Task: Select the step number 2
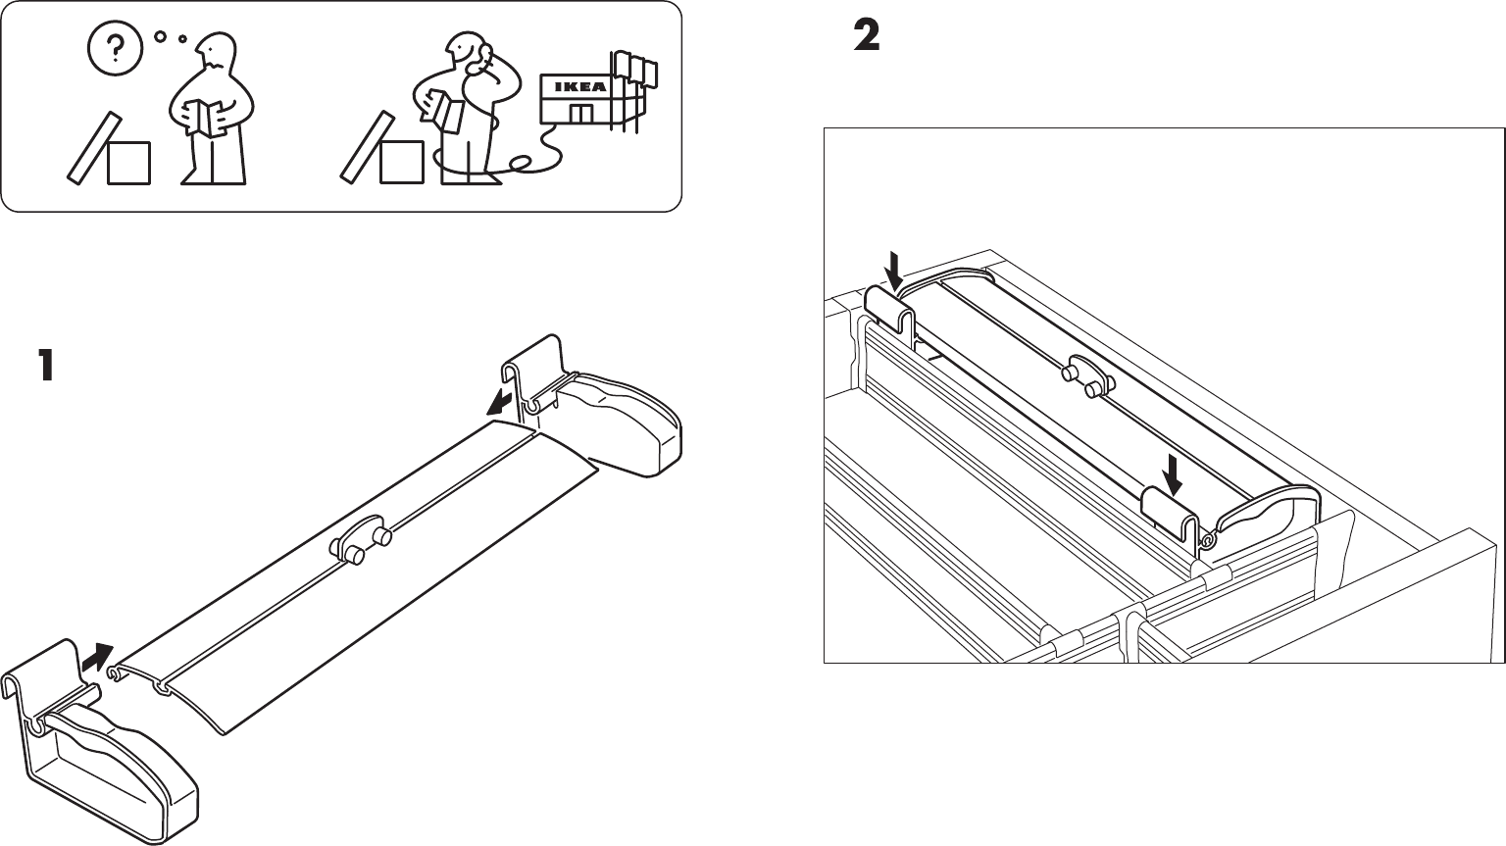[x=867, y=37]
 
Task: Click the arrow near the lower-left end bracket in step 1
[x=97, y=657]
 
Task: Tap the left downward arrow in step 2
[x=892, y=268]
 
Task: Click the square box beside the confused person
[x=128, y=163]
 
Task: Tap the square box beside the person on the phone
[x=402, y=162]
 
